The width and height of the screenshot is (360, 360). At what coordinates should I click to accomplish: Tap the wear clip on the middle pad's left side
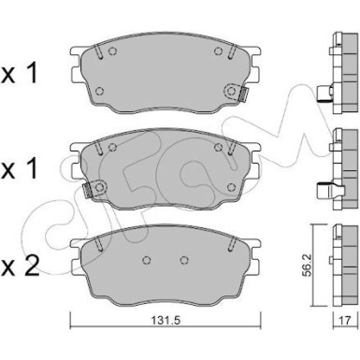coord(86,192)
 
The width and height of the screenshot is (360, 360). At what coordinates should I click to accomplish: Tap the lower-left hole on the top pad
coord(99,91)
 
